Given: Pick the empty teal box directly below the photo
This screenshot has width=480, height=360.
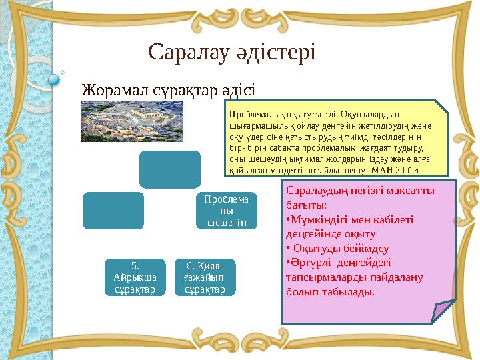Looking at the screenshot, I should (x=169, y=169).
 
